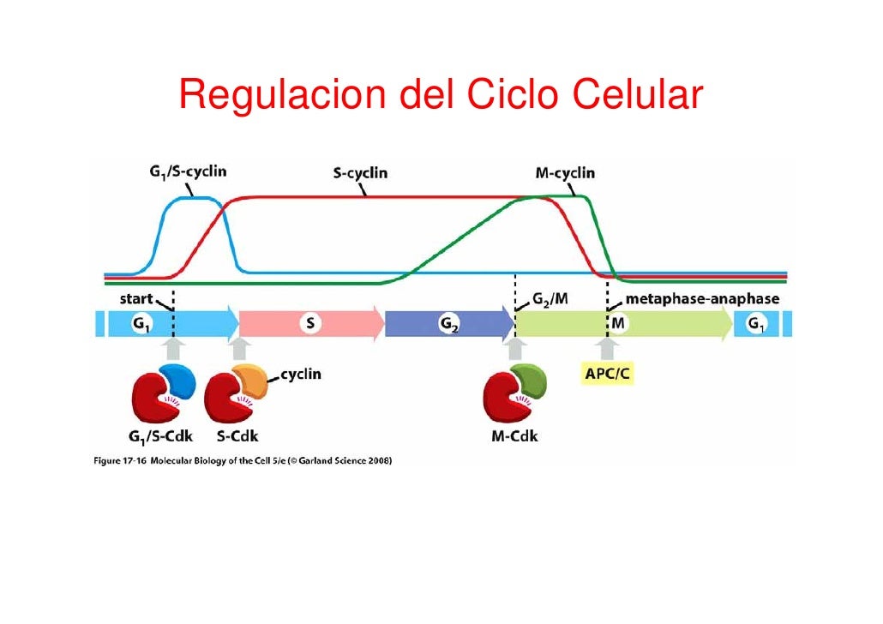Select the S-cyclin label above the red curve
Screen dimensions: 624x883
(359, 173)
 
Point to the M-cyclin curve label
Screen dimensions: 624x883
(564, 173)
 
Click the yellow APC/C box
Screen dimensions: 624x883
(608, 375)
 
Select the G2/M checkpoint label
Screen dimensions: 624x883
(549, 299)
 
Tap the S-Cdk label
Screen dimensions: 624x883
(232, 435)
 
